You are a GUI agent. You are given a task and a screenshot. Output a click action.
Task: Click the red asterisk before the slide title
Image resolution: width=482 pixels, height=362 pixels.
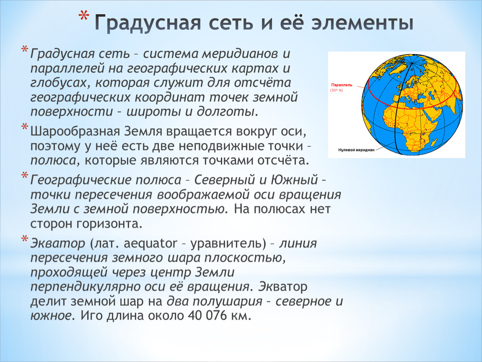click(83, 16)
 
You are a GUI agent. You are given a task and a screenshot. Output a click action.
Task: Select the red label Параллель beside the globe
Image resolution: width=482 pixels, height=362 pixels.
click(342, 85)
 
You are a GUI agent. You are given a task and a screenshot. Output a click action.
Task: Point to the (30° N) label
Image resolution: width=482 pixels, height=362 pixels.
click(336, 90)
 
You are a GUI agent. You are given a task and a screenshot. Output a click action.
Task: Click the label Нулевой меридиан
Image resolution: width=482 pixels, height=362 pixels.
click(356, 150)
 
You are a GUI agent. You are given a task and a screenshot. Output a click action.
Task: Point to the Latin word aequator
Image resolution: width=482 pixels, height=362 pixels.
click(150, 244)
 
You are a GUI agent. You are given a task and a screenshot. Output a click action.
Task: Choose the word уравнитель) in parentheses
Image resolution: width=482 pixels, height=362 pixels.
click(228, 244)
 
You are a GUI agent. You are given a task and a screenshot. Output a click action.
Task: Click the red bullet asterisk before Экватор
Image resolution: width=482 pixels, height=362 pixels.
click(25, 239)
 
